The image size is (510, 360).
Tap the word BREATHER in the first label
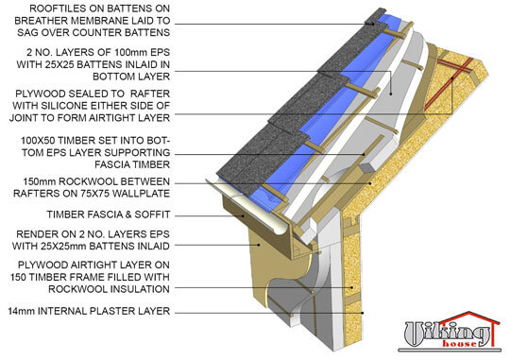click(41, 21)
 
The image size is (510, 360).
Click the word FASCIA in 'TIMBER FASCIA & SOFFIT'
click(109, 214)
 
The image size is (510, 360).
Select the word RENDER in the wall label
click(37, 234)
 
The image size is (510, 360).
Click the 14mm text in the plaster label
click(22, 311)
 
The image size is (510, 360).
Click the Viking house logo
click(450, 332)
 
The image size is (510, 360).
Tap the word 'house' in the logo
click(459, 344)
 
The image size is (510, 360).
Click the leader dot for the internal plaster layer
click(363, 313)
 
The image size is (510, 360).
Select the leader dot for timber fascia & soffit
click(243, 215)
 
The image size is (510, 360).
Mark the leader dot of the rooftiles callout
click(373, 24)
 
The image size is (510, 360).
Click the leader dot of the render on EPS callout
click(259, 245)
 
